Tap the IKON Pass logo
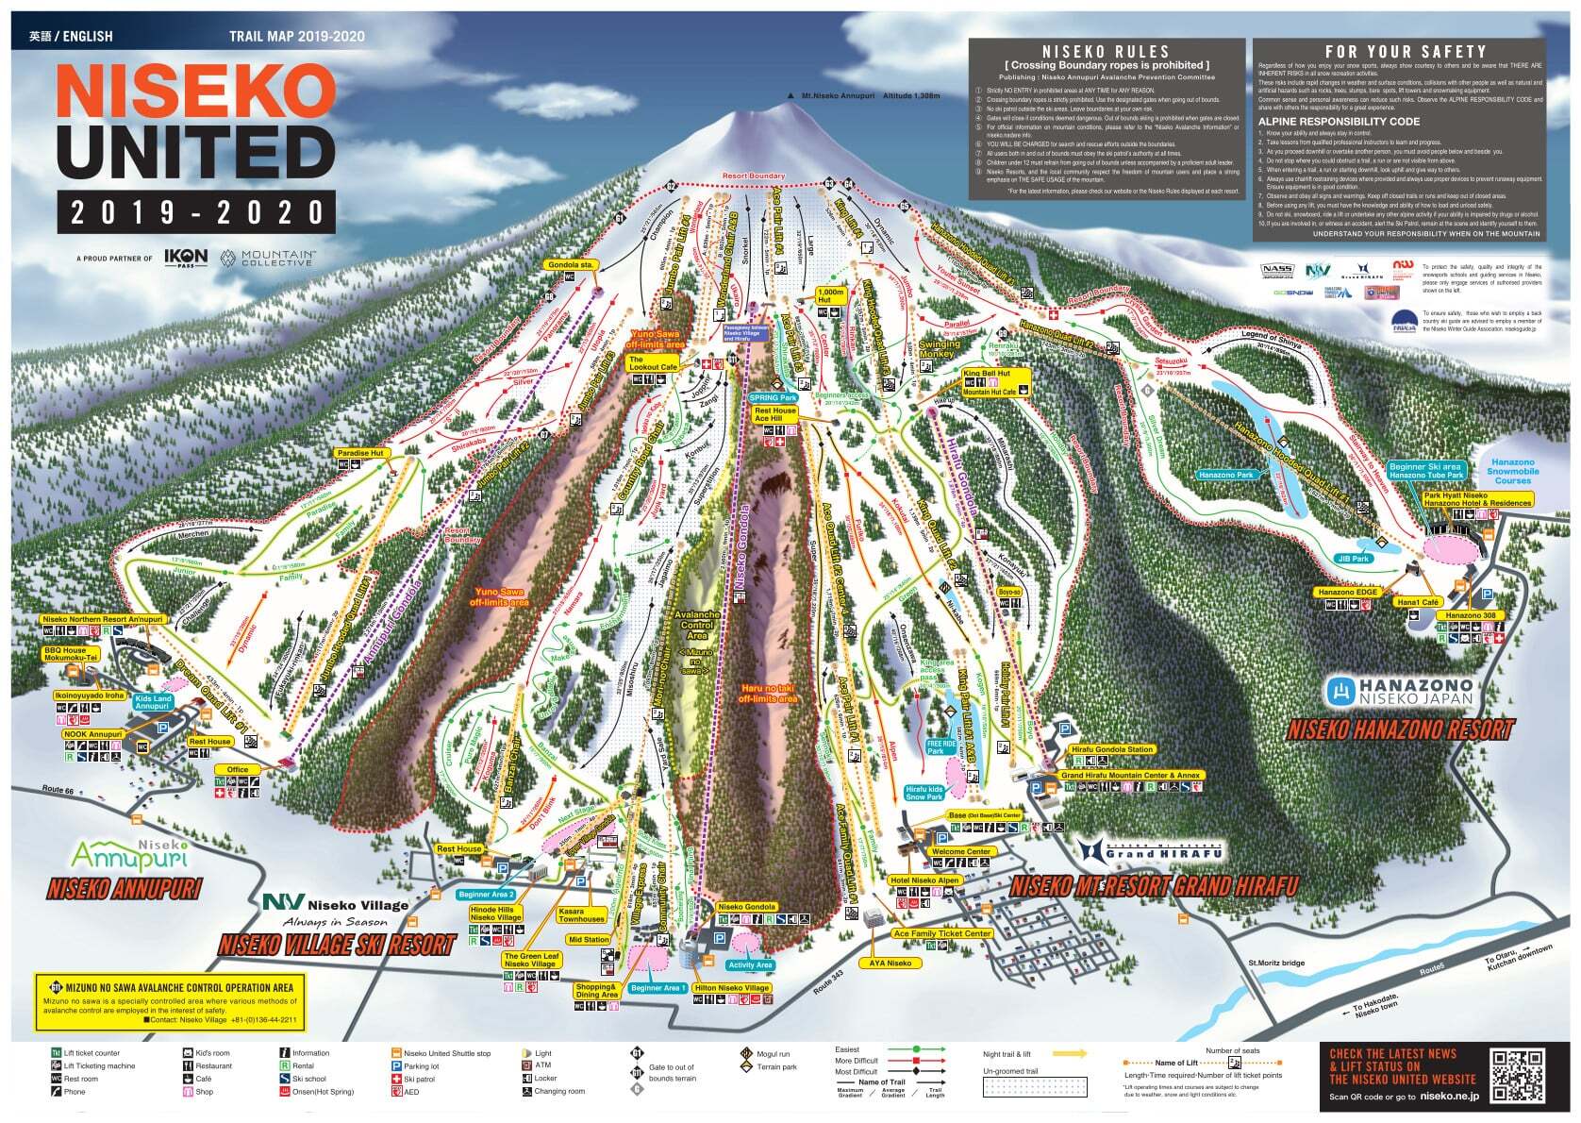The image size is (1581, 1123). point(185,258)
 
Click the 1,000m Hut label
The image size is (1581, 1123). point(830,294)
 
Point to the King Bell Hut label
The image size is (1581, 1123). point(987,374)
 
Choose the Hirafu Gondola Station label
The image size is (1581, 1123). point(1111,749)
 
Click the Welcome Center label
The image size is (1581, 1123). point(960,851)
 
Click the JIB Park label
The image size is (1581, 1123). point(1353,559)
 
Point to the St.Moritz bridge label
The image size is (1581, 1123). point(1276,964)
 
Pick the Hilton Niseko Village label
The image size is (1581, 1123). point(731,988)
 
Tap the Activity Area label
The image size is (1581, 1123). point(750,964)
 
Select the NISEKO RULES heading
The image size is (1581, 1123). point(1105,52)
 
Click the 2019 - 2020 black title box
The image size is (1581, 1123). point(195,211)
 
